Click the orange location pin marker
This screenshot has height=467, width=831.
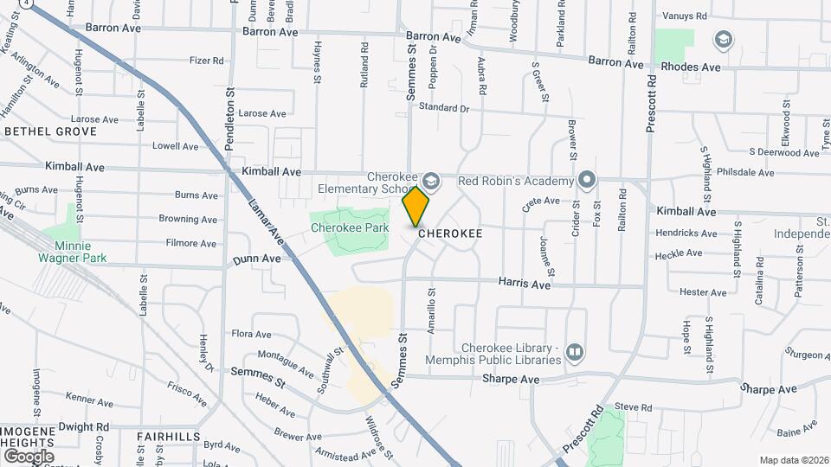coord(416,207)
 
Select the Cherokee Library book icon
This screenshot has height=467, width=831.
coord(574,353)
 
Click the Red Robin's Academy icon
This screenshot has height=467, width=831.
coord(587,181)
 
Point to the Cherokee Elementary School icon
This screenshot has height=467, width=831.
coord(431,181)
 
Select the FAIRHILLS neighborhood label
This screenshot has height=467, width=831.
coord(169,437)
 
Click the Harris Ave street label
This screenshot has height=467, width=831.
coord(525,284)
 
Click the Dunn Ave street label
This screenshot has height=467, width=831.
coord(256,259)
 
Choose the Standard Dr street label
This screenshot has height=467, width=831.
coord(443,108)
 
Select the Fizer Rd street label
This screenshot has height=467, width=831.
coord(207,61)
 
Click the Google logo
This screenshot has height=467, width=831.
coord(29,456)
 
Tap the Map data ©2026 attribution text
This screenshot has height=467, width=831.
coord(793,460)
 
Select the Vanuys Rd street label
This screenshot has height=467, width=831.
coord(684,16)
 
